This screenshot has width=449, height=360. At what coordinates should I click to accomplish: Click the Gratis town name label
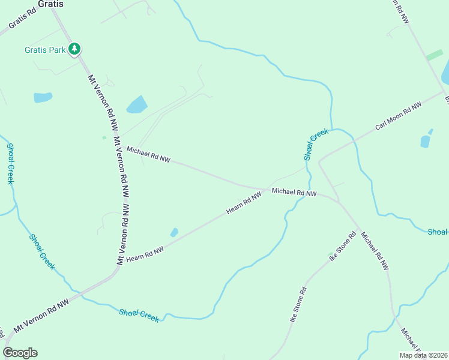coord(50,4)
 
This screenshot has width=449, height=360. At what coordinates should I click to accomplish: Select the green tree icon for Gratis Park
coord(74,49)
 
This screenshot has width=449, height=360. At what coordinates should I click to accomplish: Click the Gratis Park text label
coord(44,50)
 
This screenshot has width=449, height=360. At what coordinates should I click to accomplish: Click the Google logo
coord(20,353)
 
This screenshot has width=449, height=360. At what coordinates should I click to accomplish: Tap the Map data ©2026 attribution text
coord(423,355)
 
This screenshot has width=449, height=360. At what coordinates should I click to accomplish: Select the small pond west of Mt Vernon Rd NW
coord(43,97)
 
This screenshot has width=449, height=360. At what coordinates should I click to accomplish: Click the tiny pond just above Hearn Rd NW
coord(174,232)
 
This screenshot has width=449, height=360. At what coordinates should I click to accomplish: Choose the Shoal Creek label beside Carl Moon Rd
coord(316,144)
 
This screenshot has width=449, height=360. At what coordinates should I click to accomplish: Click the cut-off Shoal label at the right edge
coord(438,232)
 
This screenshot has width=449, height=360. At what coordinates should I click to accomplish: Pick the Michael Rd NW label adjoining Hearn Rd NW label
coord(294,193)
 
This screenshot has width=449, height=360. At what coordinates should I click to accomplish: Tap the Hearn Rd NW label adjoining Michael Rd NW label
coord(244,203)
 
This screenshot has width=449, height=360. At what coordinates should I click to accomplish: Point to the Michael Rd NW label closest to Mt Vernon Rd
coord(148,154)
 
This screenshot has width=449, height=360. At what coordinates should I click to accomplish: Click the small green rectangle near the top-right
coord(434,55)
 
